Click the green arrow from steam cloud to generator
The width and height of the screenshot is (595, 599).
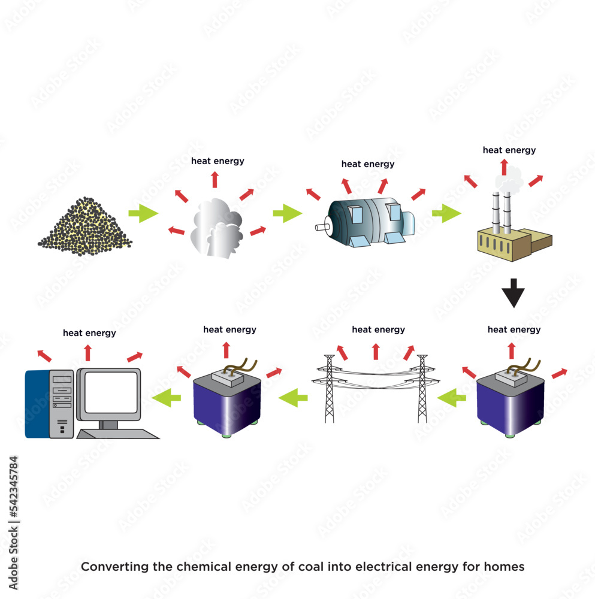tap(288, 213)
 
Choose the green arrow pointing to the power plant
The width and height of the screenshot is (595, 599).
tap(446, 213)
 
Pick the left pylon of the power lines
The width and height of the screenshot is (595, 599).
tap(329, 389)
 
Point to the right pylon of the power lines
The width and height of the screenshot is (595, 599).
tap(422, 389)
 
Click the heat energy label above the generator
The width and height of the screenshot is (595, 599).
tap(368, 164)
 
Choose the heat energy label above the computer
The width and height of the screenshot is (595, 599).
tap(89, 333)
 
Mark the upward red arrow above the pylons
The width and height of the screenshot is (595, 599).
tap(376, 352)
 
